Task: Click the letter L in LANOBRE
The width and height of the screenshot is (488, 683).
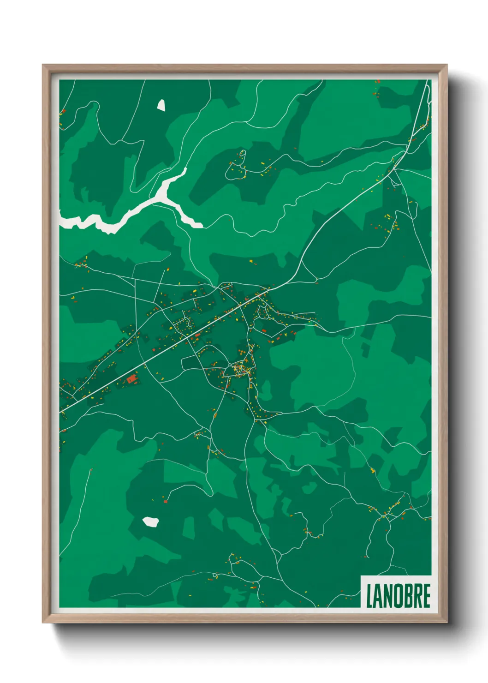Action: [x=369, y=596]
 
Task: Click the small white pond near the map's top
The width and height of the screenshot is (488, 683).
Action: [x=161, y=105]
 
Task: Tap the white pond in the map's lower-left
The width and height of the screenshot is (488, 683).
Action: [x=150, y=521]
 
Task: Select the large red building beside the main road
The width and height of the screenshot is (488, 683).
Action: [x=132, y=379]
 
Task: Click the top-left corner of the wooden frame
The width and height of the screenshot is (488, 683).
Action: [x=43, y=65]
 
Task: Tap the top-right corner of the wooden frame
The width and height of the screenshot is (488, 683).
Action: [x=446, y=65]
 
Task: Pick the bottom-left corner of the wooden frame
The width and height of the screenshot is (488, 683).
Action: [x=43, y=622]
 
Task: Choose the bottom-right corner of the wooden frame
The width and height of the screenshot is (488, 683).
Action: [x=446, y=622]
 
